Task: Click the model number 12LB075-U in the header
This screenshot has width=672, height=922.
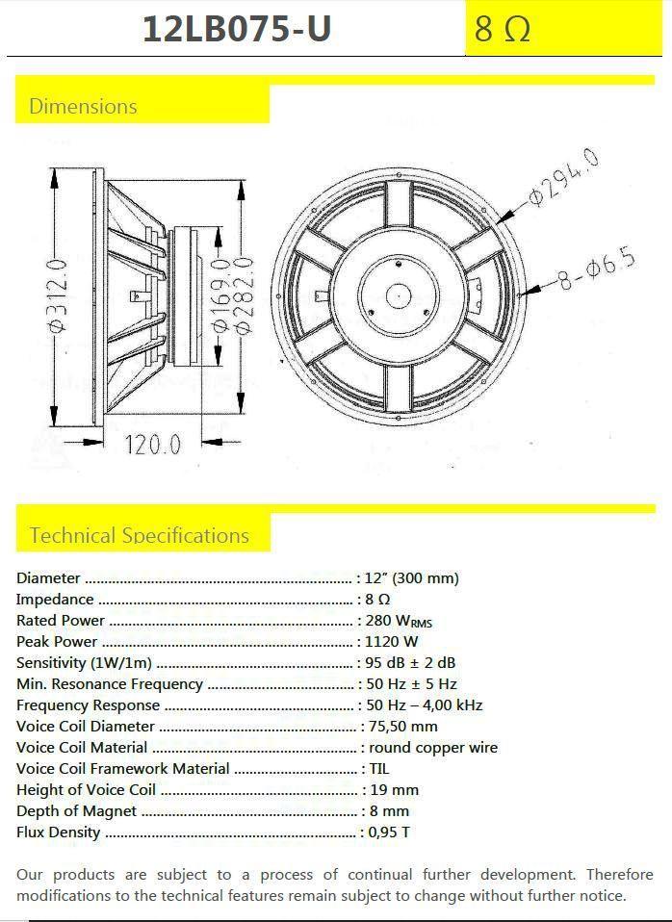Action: pyautogui.click(x=237, y=28)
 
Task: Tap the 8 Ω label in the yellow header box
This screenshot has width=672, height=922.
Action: pyautogui.click(x=502, y=29)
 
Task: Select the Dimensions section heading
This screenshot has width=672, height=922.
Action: pyautogui.click(x=83, y=107)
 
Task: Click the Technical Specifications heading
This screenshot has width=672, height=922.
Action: pyautogui.click(x=140, y=535)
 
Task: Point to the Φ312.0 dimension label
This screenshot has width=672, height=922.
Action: pyautogui.click(x=59, y=298)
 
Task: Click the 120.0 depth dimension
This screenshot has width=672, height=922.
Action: pyautogui.click(x=152, y=444)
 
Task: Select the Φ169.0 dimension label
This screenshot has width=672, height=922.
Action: pyautogui.click(x=220, y=295)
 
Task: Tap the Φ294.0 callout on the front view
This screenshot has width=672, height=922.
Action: pyautogui.click(x=564, y=176)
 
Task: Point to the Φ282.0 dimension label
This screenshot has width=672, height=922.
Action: pyautogui.click(x=245, y=295)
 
